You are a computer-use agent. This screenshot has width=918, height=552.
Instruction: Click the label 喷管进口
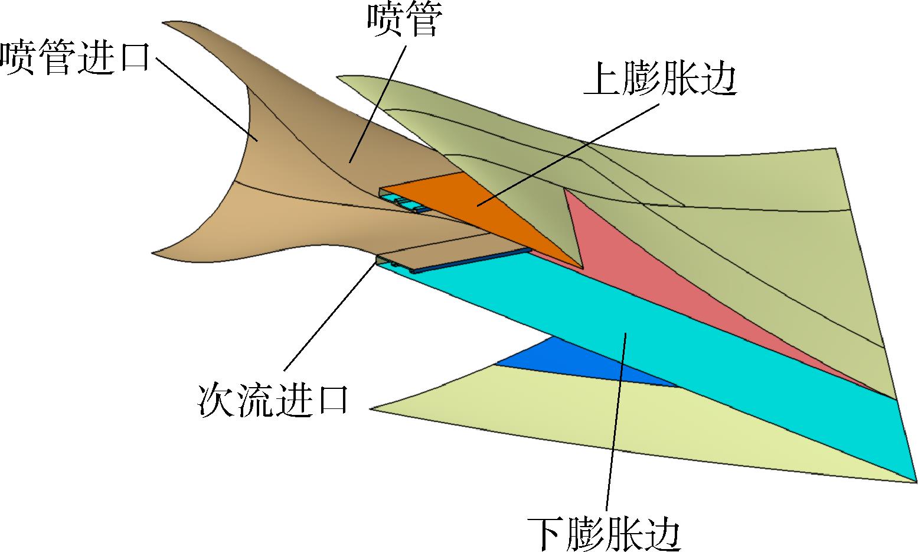[x=75, y=57]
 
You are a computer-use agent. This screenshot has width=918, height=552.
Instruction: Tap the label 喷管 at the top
[x=404, y=20]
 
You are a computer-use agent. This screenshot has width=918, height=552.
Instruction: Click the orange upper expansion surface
[x=483, y=213]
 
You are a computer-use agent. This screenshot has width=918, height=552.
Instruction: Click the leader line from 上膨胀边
[x=568, y=154]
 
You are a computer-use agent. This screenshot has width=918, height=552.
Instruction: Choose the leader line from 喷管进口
[x=207, y=100]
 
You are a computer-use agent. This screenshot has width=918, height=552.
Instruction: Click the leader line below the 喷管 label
[x=377, y=104]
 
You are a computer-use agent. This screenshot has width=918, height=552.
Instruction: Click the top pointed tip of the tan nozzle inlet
[x=163, y=22]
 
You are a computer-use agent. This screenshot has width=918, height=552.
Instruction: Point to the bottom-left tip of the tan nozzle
[x=152, y=253]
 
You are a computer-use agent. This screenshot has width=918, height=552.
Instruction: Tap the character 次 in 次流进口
[x=215, y=400]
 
